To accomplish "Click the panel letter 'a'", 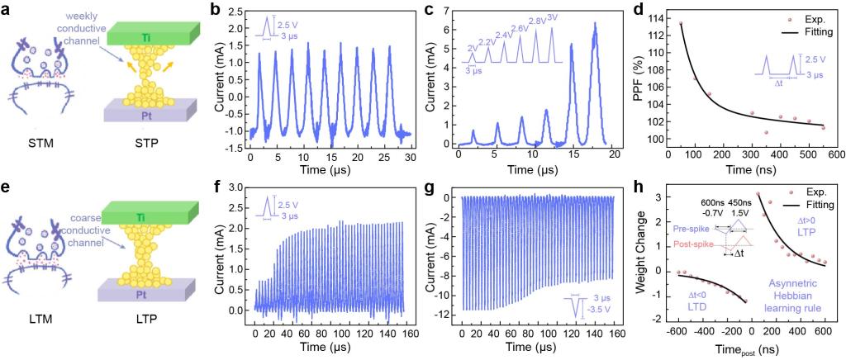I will [x=7, y=11].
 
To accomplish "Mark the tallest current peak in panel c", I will [x=594, y=24].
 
